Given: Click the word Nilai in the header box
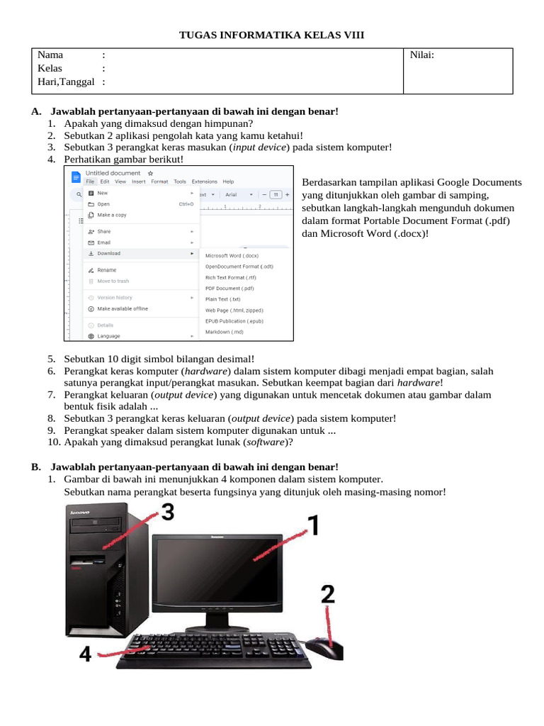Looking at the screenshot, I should pos(422,55).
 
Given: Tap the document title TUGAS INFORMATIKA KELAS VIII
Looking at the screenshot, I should pos(271,34).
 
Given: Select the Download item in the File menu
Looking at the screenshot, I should pos(109,253).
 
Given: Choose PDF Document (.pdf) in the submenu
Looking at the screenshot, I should pos(229,289).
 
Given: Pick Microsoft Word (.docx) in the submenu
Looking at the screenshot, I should pos(232,256).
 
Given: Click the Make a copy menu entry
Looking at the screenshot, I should pos(112,215).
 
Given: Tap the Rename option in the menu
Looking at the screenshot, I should pos(107,270).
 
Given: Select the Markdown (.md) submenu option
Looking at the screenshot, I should pos(225,332).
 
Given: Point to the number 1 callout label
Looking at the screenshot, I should pos(312,526).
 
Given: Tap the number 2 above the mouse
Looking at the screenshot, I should pos(328,594).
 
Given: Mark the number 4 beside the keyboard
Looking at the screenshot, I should pos(86,653).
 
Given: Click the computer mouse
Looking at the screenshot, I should pos(328,647).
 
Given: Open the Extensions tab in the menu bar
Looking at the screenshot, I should pos(205,181).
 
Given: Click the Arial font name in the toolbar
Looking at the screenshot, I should pos(231,194).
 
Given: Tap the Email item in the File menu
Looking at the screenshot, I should pos(104,242).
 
